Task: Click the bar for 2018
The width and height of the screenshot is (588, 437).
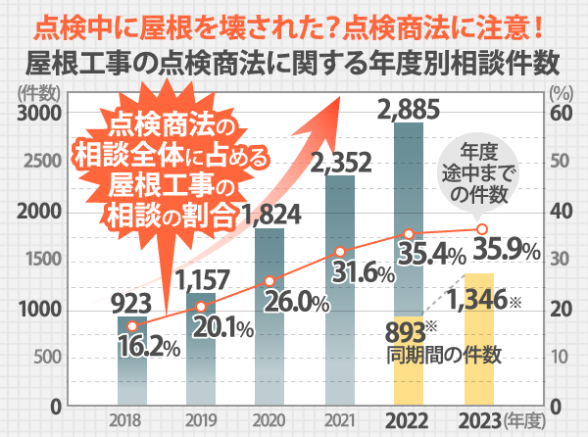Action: click(x=132, y=372)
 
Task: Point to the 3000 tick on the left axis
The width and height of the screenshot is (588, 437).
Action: click(x=39, y=114)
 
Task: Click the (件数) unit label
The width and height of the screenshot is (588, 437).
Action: click(x=37, y=95)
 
